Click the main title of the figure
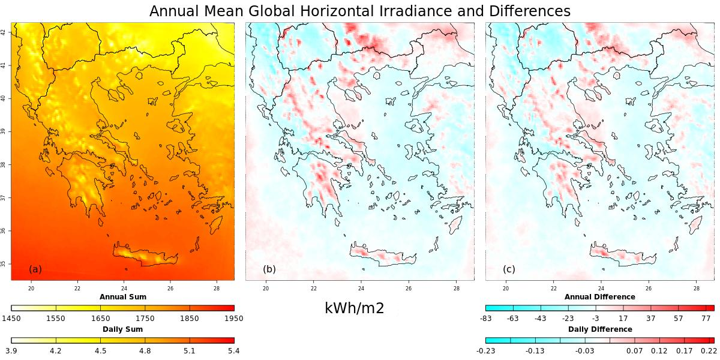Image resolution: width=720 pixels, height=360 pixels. pos(360,11)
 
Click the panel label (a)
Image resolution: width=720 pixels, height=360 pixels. pos(35,269)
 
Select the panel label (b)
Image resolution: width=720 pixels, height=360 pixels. pos(269,269)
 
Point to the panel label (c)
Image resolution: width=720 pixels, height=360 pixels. pos(509,269)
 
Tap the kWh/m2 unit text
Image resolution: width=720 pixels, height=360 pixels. pos(354,308)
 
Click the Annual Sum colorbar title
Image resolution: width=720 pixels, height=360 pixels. pos(123,297)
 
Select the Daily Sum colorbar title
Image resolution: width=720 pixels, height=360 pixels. pos(123,329)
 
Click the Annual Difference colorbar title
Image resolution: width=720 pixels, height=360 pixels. pos(599,297)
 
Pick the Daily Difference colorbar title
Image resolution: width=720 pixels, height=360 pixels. pos(599,329)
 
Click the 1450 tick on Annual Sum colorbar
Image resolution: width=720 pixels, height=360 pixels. pos(12,319)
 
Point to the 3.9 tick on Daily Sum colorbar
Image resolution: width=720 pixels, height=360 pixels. pos(12,351)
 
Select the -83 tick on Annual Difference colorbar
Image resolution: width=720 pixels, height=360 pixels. pos(486,319)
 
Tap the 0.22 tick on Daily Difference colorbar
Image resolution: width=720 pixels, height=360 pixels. pos(709,351)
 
